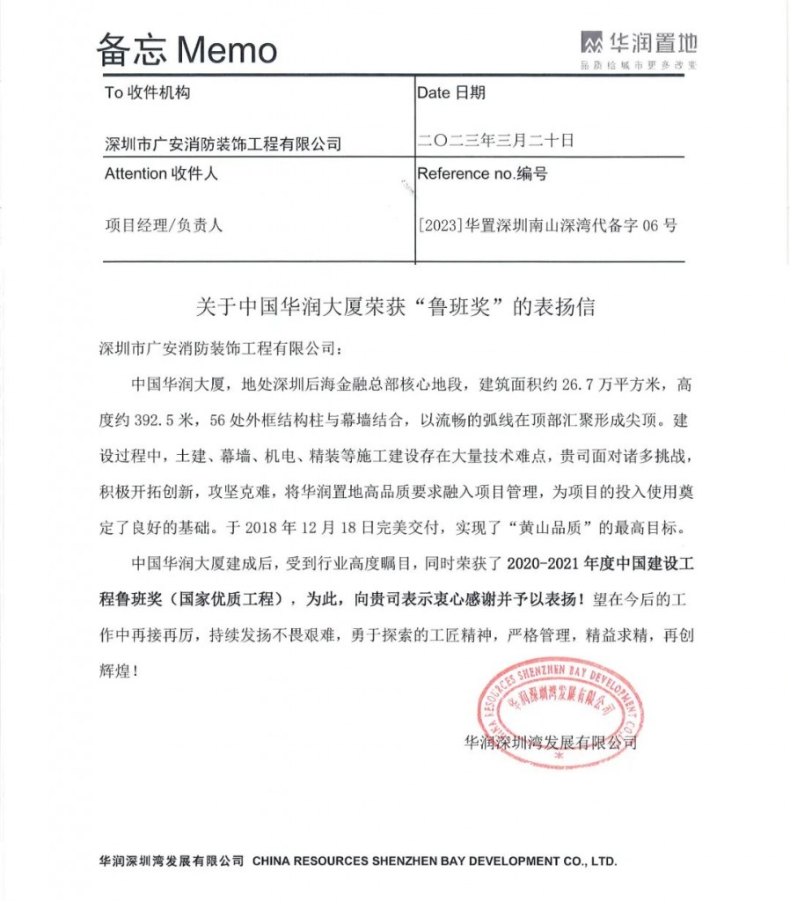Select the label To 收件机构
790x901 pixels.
pos(147,93)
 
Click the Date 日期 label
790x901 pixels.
pos(451,92)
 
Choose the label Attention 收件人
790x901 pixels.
pos(161,173)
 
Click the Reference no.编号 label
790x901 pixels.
pos(482,173)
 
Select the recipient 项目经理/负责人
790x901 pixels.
pos(164,224)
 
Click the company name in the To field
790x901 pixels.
pos(223,143)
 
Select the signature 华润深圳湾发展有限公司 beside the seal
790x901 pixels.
pos(550,742)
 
